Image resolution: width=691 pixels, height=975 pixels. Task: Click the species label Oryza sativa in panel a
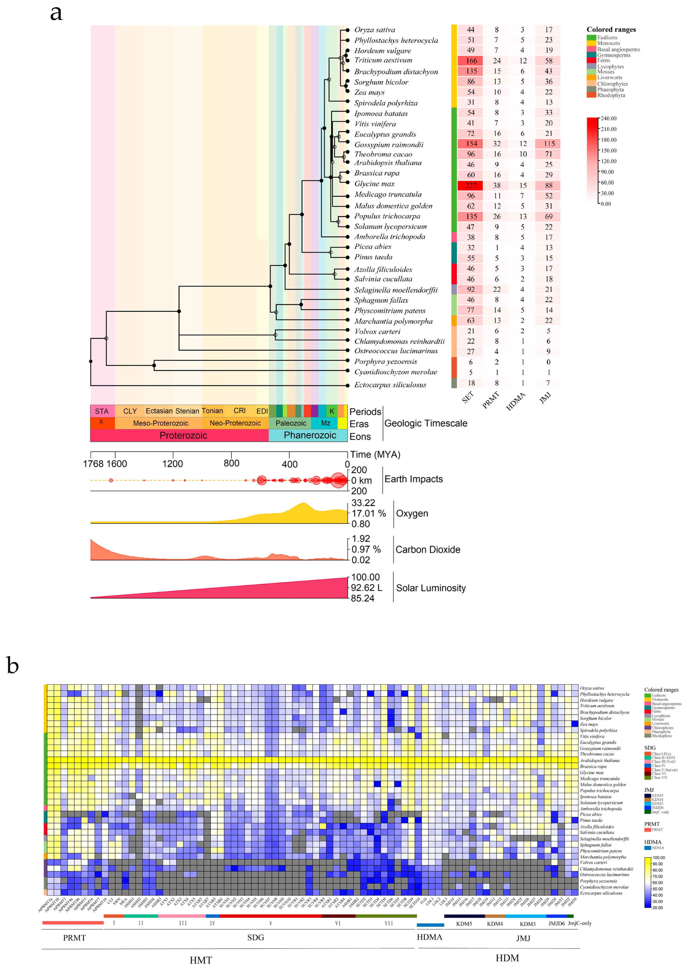374,30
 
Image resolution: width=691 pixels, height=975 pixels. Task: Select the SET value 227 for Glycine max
471,186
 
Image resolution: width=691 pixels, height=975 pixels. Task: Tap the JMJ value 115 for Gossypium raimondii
549,144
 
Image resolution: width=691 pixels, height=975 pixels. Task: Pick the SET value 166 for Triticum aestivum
471,61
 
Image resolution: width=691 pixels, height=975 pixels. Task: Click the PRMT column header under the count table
491,401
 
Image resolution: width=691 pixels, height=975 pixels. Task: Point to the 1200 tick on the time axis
173,463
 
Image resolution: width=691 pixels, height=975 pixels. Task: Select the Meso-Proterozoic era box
160,423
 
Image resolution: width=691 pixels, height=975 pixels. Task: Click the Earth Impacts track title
413,479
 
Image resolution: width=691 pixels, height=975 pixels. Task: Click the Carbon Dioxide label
428,549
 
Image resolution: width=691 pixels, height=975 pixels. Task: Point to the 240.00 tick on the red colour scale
609,118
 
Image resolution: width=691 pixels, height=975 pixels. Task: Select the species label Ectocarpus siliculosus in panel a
390,385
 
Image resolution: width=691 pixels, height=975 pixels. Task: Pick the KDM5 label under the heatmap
464,924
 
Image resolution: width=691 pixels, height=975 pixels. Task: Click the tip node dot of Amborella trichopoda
347,237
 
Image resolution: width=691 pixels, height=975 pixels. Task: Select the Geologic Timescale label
425,423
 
